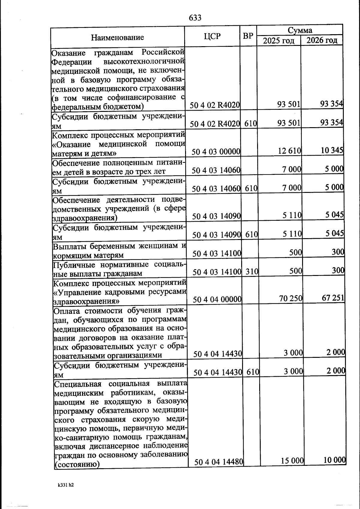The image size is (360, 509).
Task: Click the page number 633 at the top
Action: (195, 18)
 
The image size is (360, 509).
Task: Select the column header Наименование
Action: (117, 37)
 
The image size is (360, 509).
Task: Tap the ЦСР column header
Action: (212, 36)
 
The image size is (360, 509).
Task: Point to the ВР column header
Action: (248, 36)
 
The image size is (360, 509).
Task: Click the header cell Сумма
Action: (300, 30)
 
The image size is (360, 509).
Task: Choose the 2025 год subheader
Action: (279, 40)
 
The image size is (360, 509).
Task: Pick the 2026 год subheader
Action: (322, 40)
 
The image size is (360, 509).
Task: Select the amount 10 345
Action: (332, 150)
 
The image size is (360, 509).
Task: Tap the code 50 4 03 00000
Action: (216, 152)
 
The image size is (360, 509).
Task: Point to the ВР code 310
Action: (252, 272)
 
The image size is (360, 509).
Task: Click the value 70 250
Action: (291, 298)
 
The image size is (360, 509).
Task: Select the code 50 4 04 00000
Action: (217, 299)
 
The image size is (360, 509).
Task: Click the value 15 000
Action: (292, 460)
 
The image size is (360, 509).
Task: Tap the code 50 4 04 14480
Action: (218, 462)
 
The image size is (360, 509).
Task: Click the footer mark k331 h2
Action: (66, 485)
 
